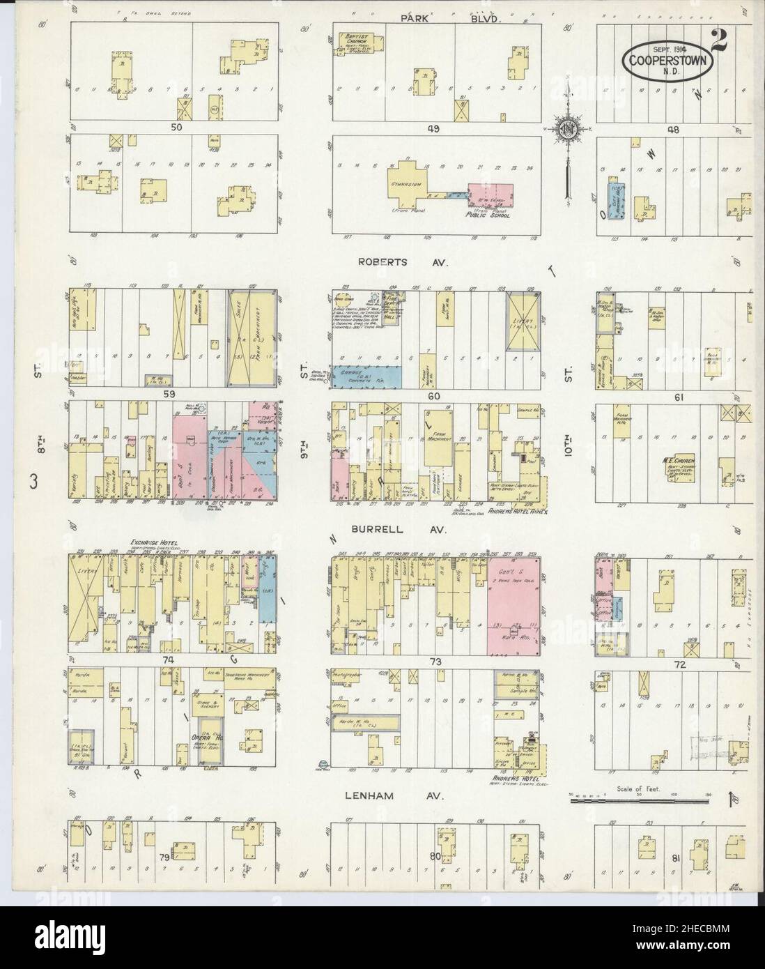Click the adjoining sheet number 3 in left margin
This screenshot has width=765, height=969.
pos(33,482)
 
